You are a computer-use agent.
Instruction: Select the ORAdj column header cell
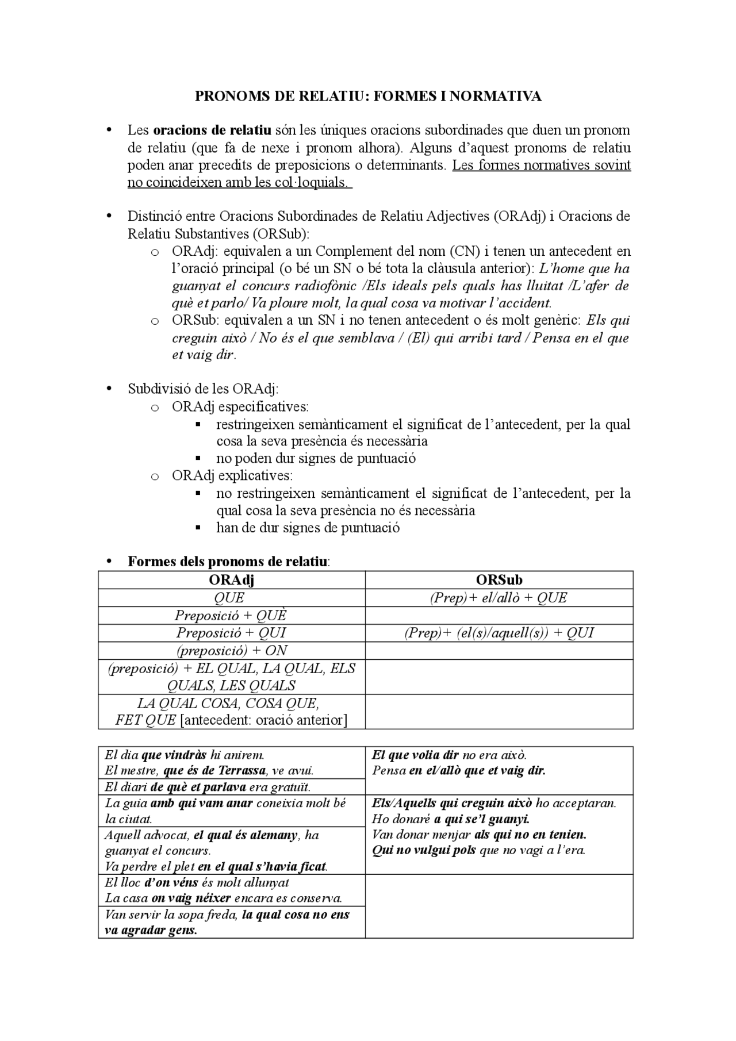pyautogui.click(x=231, y=580)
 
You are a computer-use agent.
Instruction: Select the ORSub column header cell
pyautogui.click(x=499, y=580)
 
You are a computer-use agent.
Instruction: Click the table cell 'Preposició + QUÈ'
pyautogui.click(x=231, y=616)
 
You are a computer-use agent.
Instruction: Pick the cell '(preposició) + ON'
pyautogui.click(x=231, y=651)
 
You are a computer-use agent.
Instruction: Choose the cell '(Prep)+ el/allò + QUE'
pyautogui.click(x=499, y=598)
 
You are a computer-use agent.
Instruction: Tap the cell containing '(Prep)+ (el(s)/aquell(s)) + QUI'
pyautogui.click(x=499, y=633)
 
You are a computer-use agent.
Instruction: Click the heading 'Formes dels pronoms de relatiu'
pyautogui.click(x=228, y=562)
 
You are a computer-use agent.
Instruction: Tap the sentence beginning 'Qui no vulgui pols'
pyautogui.click(x=478, y=850)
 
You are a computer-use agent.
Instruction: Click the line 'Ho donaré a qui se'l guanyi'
pyautogui.click(x=451, y=819)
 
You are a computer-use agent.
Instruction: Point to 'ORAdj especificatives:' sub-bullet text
pyautogui.click(x=240, y=407)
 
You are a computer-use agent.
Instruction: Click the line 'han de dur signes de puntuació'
pyautogui.click(x=307, y=528)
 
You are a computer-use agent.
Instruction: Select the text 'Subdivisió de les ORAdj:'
pyautogui.click(x=203, y=389)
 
